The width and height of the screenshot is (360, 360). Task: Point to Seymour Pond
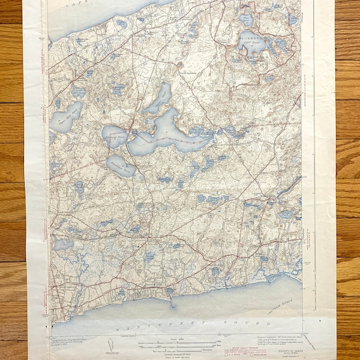pyautogui.click(x=114, y=136)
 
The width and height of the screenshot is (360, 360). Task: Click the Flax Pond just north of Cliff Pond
pyautogui.click(x=246, y=20)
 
